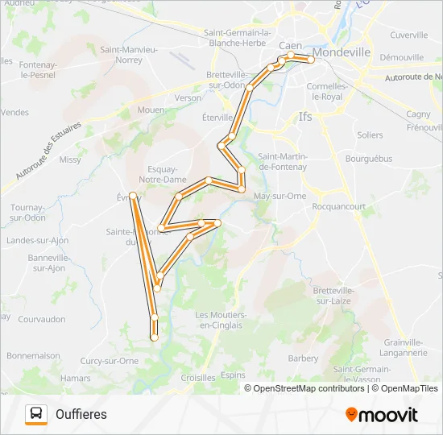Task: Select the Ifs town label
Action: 305,117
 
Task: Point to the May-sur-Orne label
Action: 279,196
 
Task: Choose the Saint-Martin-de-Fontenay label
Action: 283,161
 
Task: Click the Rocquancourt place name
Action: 338,206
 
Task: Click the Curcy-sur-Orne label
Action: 110,361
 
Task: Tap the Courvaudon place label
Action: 42,319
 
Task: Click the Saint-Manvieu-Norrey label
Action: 129,54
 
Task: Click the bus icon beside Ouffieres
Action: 36,414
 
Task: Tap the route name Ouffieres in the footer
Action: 81,415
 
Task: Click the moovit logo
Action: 382,415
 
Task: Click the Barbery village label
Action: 304,358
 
